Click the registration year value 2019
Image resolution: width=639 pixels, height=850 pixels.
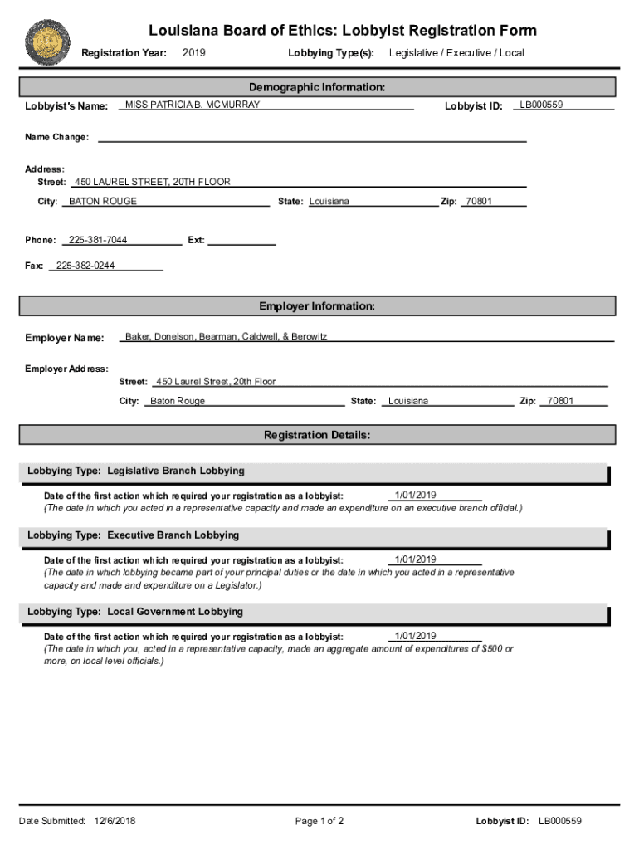[193, 53]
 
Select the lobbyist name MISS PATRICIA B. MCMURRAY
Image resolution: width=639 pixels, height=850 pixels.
[192, 105]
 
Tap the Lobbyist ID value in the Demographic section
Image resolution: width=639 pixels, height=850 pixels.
[541, 105]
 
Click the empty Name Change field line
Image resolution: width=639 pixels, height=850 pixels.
[311, 137]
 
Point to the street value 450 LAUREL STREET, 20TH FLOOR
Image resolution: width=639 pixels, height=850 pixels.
[152, 182]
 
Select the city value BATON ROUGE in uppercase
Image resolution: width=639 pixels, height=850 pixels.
[103, 201]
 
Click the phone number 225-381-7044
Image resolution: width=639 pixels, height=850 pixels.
[98, 240]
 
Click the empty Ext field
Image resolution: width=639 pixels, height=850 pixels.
[241, 241]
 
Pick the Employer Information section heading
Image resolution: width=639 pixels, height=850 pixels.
[317, 306]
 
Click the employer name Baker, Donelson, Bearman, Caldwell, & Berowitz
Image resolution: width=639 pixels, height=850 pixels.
[226, 336]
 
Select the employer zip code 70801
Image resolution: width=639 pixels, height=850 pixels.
[560, 401]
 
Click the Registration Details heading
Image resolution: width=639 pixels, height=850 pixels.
[317, 435]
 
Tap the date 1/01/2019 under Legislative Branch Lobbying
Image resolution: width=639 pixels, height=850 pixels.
[415, 495]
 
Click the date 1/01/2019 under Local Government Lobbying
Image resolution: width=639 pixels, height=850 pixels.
[415, 636]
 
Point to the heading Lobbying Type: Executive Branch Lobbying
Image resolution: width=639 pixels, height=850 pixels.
[133, 535]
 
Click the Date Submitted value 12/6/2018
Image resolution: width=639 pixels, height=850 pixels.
[115, 822]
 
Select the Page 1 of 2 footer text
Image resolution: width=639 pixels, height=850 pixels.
[319, 822]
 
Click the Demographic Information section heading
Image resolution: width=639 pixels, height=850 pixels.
[317, 87]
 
